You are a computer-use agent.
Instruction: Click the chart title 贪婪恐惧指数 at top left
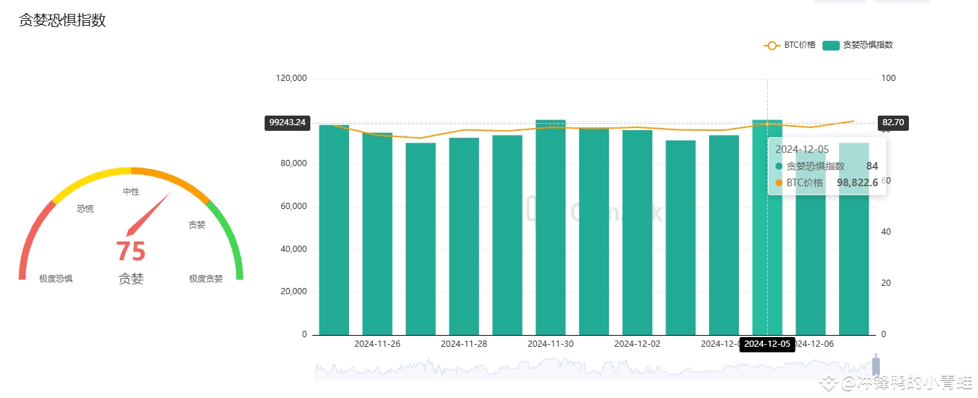(62, 20)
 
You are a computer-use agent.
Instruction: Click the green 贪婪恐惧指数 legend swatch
(831, 46)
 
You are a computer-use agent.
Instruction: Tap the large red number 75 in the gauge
(131, 251)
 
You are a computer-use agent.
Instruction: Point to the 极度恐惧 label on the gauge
(56, 279)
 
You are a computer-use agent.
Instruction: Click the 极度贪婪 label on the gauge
(206, 279)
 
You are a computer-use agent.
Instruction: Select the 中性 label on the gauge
(131, 192)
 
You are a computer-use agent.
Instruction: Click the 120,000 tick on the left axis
(291, 79)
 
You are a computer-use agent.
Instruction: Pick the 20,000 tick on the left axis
(293, 292)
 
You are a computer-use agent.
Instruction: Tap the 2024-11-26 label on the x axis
(377, 343)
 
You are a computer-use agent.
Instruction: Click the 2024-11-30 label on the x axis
(550, 343)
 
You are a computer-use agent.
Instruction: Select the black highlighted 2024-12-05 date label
(767, 344)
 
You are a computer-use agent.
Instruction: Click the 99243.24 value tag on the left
(287, 123)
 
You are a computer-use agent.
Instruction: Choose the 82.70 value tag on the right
(892, 123)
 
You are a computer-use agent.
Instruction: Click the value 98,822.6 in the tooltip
(857, 183)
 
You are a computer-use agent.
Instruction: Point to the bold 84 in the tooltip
(872, 166)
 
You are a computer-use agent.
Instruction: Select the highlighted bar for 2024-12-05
(767, 228)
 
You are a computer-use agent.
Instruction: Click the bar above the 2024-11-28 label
(464, 235)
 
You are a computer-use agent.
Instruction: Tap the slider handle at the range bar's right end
(876, 365)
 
